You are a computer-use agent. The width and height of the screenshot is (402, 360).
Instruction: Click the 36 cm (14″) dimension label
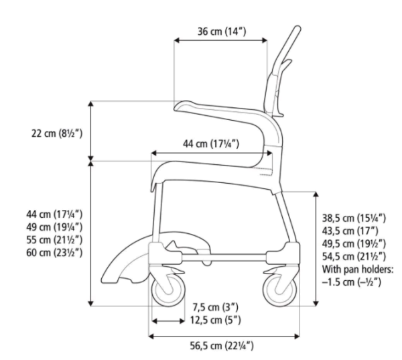click(x=222, y=32)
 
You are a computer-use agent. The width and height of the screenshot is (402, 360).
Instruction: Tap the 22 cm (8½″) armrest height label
click(x=57, y=133)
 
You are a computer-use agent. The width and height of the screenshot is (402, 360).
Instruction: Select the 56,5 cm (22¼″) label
click(x=222, y=346)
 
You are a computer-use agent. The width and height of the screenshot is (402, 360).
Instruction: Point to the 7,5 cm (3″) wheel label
click(x=215, y=307)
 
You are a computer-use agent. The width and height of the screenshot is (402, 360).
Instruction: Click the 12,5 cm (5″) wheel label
click(x=215, y=320)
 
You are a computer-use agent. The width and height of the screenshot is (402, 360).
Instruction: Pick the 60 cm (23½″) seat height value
click(x=54, y=253)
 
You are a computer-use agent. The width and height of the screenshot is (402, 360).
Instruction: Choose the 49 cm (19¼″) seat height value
click(x=54, y=227)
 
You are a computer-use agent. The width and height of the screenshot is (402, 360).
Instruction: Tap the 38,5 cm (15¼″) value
click(x=354, y=218)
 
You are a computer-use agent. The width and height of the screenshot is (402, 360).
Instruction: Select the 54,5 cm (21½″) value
click(x=354, y=256)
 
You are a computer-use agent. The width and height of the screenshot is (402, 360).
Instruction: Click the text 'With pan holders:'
click(x=358, y=269)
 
